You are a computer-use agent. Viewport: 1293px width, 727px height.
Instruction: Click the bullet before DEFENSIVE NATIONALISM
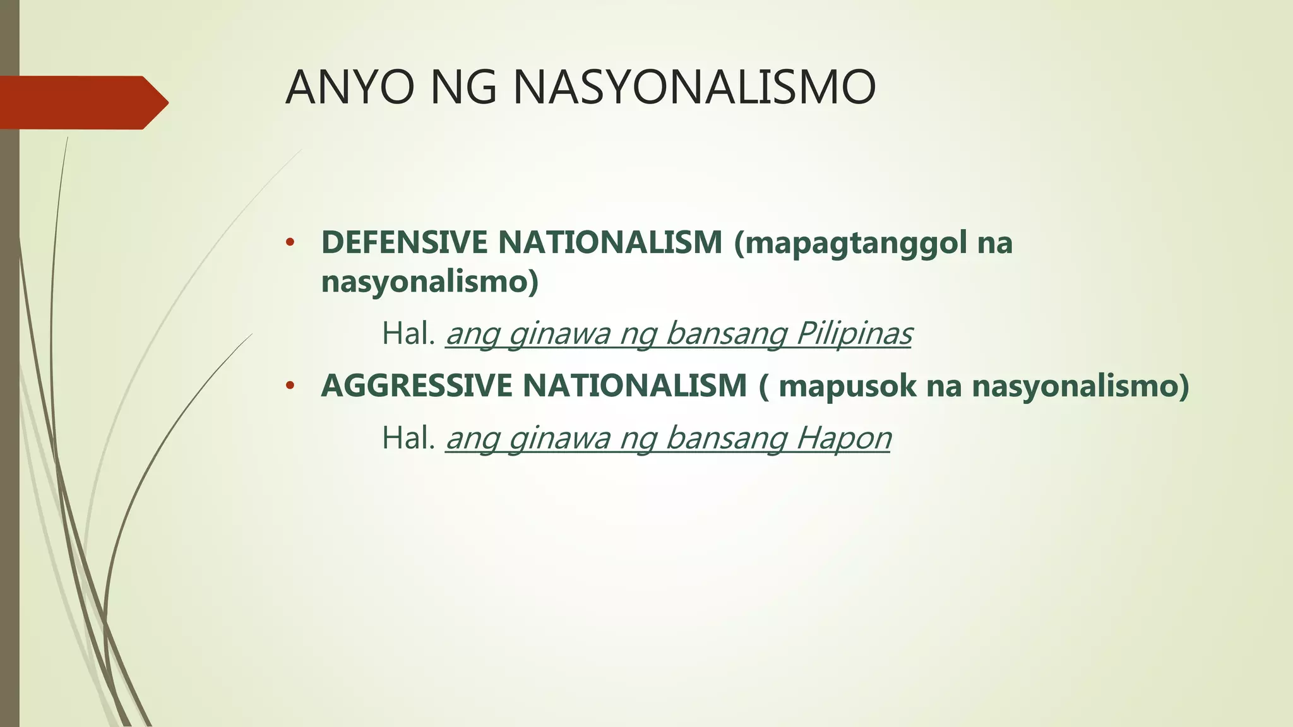coord(290,243)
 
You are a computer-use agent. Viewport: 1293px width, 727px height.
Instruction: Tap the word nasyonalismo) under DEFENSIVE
coord(430,281)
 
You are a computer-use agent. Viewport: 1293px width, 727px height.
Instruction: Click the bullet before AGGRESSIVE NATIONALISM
coord(290,386)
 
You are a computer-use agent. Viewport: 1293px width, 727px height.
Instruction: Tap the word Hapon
coord(843,438)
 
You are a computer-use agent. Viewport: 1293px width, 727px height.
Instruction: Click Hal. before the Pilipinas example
coord(409,334)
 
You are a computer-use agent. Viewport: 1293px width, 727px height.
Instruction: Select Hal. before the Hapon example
coord(409,438)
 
